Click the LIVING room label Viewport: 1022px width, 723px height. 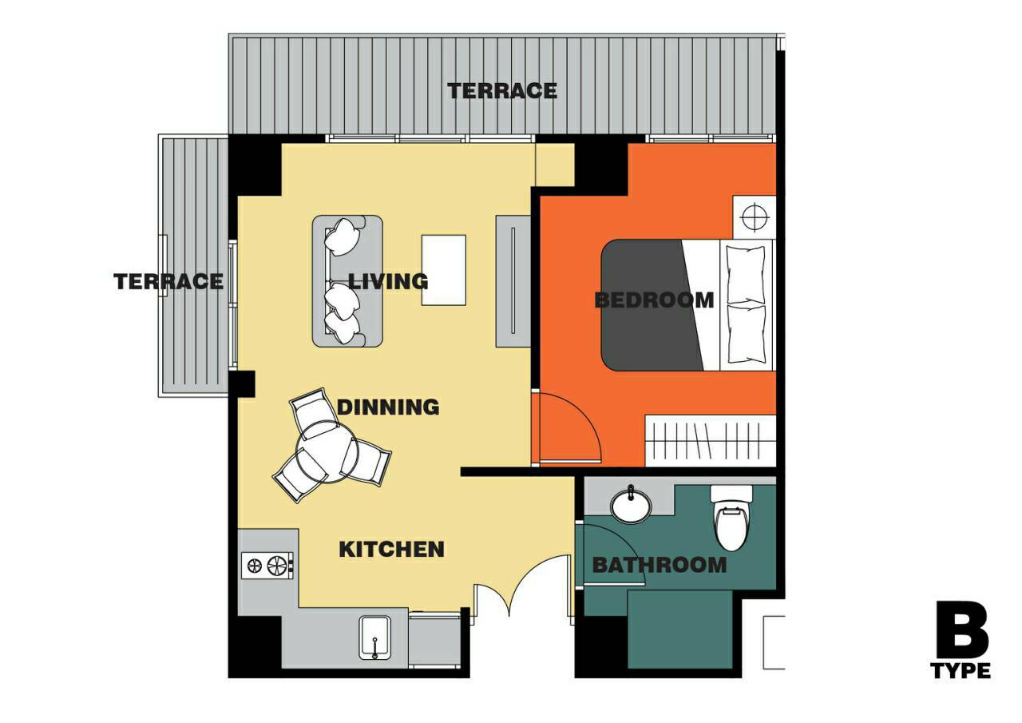(x=388, y=281)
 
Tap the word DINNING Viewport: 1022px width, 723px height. (x=388, y=407)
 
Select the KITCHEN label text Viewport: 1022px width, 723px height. (x=391, y=549)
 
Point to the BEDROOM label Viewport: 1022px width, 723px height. (x=654, y=300)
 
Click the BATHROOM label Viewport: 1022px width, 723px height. (x=660, y=565)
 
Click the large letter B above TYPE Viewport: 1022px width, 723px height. (x=962, y=630)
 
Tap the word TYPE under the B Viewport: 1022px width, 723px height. (x=961, y=671)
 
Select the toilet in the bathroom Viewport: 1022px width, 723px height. (x=731, y=518)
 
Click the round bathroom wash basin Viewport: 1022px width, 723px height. (x=632, y=505)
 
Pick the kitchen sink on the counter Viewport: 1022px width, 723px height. (x=375, y=638)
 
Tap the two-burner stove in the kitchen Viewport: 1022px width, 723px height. (x=267, y=566)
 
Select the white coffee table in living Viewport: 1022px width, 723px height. (x=443, y=270)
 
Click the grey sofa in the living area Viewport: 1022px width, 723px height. (x=347, y=280)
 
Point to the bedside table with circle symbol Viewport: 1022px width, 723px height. (x=755, y=217)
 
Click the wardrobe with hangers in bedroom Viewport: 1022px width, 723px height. (x=711, y=441)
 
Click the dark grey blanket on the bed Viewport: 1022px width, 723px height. (x=649, y=305)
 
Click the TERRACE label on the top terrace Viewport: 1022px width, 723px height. (x=502, y=91)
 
